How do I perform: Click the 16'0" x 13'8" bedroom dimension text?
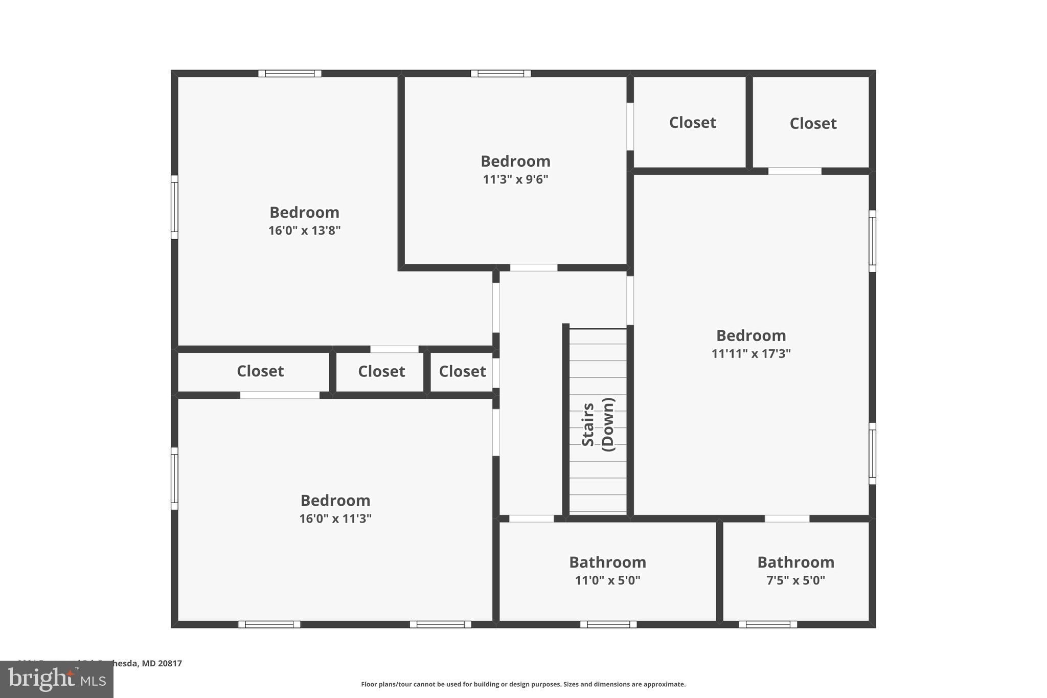click(x=305, y=231)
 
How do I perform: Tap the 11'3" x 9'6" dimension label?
click(x=515, y=179)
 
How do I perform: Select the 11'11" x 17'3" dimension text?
click(x=751, y=353)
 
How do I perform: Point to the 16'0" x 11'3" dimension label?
click(x=335, y=519)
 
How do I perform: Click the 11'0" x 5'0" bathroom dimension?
click(x=607, y=580)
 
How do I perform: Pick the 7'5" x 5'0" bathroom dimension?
click(x=795, y=580)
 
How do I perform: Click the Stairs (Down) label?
click(x=598, y=424)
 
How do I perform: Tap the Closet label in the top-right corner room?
click(x=813, y=123)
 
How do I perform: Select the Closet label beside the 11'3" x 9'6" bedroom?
click(x=692, y=123)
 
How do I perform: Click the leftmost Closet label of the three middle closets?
click(x=260, y=371)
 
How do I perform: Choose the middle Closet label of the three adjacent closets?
click(x=381, y=371)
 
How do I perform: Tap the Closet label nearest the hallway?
click(x=462, y=371)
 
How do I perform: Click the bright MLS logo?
click(x=57, y=679)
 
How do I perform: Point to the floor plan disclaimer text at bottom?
click(x=523, y=684)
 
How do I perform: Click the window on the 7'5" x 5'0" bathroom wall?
click(x=768, y=624)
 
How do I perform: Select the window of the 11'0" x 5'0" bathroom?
click(x=608, y=624)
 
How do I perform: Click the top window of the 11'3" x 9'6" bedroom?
click(x=500, y=74)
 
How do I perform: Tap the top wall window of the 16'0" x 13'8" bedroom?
click(x=290, y=74)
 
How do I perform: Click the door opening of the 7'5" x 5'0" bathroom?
click(x=787, y=519)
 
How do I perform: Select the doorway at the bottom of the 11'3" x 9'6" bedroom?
click(x=533, y=267)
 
